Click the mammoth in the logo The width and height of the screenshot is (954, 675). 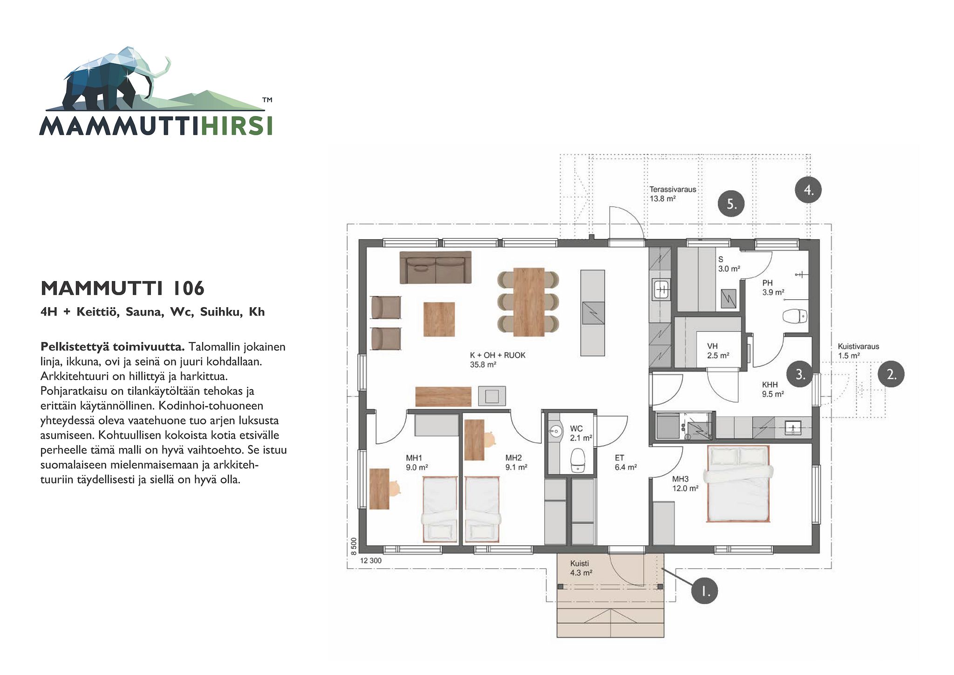[112, 79]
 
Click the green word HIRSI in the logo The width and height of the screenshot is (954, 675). [236, 126]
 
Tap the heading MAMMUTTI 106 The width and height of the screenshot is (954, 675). [123, 289]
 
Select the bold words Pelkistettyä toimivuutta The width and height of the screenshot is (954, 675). [113, 347]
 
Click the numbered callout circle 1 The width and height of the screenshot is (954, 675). [704, 591]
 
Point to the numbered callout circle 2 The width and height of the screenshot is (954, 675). [891, 374]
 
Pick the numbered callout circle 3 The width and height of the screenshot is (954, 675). [800, 374]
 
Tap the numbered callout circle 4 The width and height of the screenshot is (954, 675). [808, 190]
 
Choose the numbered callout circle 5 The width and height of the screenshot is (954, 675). [731, 204]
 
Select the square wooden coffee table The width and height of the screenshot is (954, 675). [439, 319]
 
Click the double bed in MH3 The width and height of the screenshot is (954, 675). [738, 483]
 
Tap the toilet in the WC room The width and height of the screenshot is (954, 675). [578, 460]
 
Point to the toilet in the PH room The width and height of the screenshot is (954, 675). [794, 317]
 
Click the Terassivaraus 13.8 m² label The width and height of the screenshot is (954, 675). [673, 194]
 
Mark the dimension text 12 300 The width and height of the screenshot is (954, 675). [371, 560]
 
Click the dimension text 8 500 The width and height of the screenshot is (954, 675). [354, 546]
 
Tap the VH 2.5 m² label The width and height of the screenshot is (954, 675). [718, 351]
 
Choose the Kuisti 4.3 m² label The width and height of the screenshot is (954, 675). [581, 568]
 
